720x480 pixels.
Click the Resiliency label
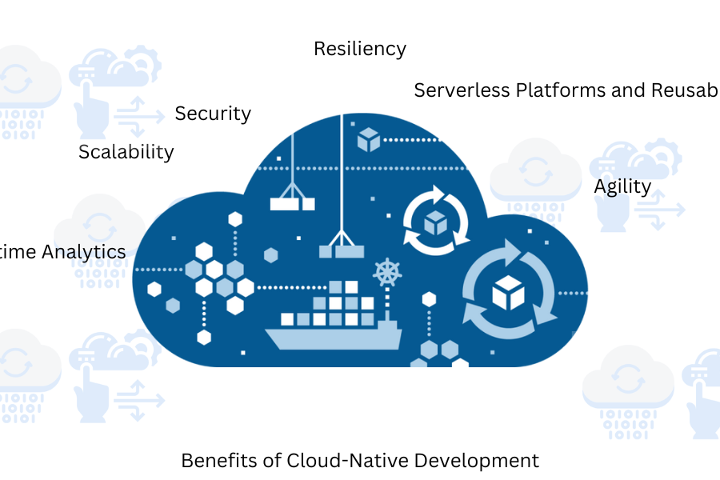tap(359, 49)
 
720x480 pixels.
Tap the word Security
tap(213, 114)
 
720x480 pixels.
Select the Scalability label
tap(126, 151)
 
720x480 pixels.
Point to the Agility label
tap(622, 186)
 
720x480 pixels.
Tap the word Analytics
tap(84, 252)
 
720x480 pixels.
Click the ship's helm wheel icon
tap(386, 273)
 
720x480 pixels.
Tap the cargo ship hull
tap(332, 337)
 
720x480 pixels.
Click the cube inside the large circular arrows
tap(507, 293)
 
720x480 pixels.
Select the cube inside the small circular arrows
tap(434, 222)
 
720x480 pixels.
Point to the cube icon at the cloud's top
tap(368, 139)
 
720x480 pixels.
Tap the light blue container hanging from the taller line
tap(342, 250)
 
